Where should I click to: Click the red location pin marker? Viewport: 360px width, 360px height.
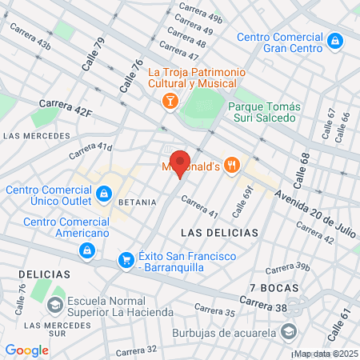tap(180, 163)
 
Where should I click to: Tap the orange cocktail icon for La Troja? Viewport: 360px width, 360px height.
tap(170, 100)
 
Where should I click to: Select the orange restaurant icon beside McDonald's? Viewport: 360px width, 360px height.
tap(232, 164)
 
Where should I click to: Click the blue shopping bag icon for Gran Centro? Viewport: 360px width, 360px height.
tap(336, 39)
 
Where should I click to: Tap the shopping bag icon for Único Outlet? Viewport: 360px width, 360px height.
tap(104, 193)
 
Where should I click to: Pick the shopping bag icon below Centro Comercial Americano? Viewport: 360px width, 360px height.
tap(86, 251)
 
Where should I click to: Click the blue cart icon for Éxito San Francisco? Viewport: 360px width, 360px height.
tap(126, 260)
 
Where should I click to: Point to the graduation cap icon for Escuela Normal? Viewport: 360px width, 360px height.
tap(54, 305)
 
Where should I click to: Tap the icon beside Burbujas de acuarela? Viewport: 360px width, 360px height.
tap(289, 331)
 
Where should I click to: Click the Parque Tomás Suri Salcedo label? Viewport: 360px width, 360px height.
tap(264, 114)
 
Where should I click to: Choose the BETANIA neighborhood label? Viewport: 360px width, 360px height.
tap(137, 202)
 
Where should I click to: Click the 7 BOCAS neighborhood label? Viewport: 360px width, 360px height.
tap(274, 287)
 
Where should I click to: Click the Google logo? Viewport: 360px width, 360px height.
tap(26, 350)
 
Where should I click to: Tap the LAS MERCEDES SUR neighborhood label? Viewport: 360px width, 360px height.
tap(45, 330)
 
